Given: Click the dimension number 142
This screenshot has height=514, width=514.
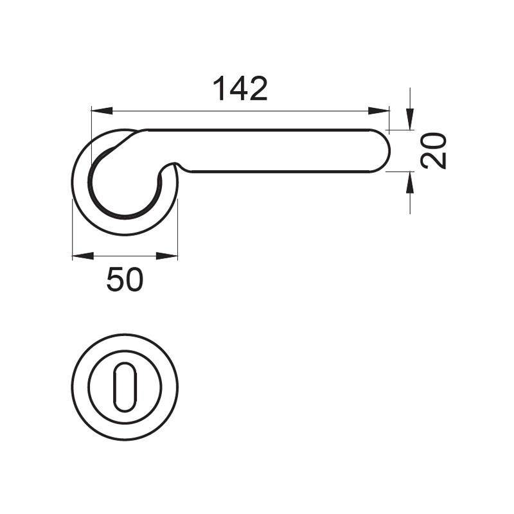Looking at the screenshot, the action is (x=240, y=89).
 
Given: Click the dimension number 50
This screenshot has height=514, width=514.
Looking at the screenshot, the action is (x=125, y=279).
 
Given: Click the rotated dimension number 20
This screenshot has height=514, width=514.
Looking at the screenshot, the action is (x=434, y=150).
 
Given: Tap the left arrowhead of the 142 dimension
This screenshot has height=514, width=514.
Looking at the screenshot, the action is (x=102, y=111).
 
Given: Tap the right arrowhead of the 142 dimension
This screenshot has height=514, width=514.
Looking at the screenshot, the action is (x=378, y=111).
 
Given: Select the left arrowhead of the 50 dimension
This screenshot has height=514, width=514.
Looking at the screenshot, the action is (x=83, y=256).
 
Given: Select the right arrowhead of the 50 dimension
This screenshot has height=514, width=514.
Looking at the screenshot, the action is (x=166, y=256).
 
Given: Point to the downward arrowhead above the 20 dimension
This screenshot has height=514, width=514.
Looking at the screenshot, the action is (x=409, y=120).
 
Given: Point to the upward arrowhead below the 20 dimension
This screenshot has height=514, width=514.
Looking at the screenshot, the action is (x=409, y=182).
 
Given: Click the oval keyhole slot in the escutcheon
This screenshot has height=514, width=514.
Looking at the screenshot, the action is (x=125, y=387).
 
